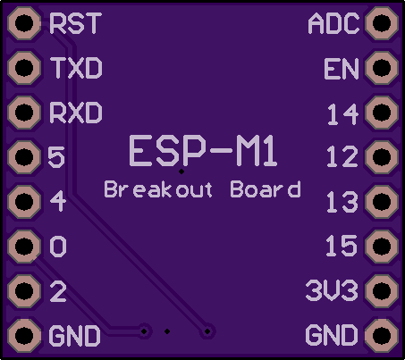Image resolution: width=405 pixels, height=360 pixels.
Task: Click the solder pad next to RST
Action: pyautogui.click(x=24, y=23)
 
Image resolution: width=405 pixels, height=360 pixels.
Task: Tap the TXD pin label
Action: pyautogui.click(x=76, y=68)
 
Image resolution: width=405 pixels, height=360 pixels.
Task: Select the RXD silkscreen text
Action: pyautogui.click(x=76, y=113)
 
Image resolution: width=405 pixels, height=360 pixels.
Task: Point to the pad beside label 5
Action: pyautogui.click(x=24, y=157)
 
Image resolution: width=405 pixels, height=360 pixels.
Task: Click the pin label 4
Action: pyautogui.click(x=58, y=201)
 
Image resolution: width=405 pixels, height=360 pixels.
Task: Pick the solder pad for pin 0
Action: pyautogui.click(x=24, y=247)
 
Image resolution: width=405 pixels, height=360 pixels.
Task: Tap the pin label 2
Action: pyautogui.click(x=58, y=291)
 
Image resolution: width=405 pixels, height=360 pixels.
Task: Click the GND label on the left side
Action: pyautogui.click(x=74, y=336)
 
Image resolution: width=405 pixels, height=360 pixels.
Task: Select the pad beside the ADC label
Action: pyautogui.click(x=382, y=23)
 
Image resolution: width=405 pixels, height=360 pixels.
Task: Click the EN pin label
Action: pyautogui.click(x=342, y=69)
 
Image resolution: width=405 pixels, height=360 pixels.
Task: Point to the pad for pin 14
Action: pyautogui.click(x=382, y=113)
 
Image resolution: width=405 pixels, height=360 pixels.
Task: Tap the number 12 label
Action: pyautogui.click(x=342, y=156)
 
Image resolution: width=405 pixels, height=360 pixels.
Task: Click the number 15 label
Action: pyautogui.click(x=342, y=246)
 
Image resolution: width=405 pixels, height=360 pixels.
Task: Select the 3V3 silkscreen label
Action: pyautogui.click(x=332, y=289)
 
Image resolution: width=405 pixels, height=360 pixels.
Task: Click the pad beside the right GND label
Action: pyautogui.click(x=382, y=336)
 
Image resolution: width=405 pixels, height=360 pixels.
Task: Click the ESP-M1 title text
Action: pyautogui.click(x=203, y=151)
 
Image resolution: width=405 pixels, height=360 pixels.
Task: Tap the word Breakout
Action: pyautogui.click(x=158, y=189)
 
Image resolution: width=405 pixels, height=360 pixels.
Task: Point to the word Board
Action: pyautogui.click(x=266, y=189)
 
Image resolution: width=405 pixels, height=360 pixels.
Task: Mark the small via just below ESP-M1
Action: pyautogui.click(x=181, y=172)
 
